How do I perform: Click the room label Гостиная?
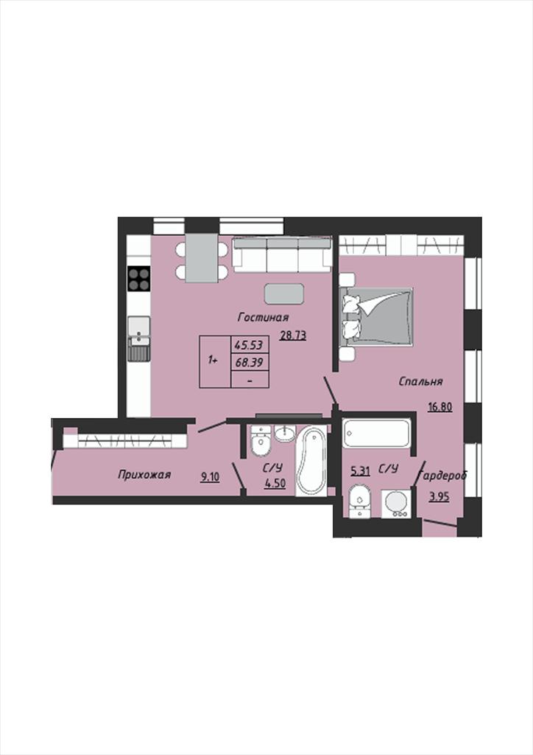[x=264, y=317]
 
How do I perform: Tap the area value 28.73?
[x=293, y=335]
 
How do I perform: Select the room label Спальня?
[x=420, y=381]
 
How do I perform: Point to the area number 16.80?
[x=440, y=407]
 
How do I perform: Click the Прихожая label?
[x=144, y=475]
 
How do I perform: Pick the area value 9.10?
[x=211, y=477]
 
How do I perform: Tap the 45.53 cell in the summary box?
[x=250, y=345]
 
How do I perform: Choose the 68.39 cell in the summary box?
[x=250, y=362]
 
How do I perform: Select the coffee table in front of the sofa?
[x=284, y=293]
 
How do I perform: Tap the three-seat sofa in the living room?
[x=282, y=254]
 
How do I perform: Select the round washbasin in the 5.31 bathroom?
[x=396, y=503]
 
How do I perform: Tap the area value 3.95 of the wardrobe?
[x=440, y=497]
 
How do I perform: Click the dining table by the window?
[x=202, y=257]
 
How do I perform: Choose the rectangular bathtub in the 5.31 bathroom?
[x=376, y=434]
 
